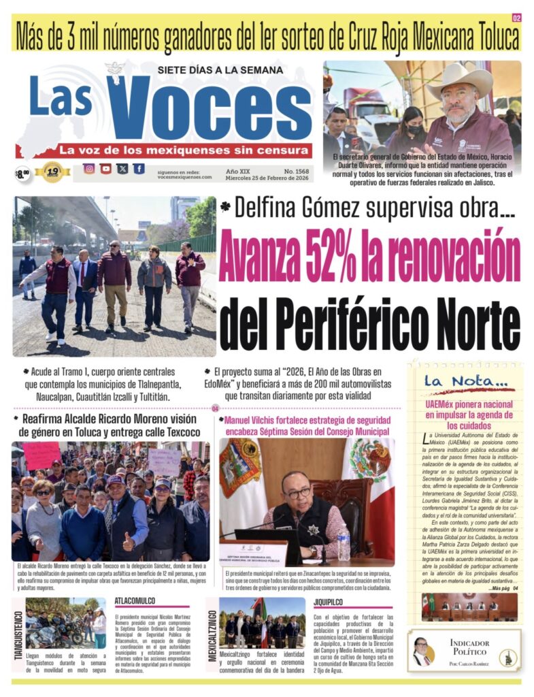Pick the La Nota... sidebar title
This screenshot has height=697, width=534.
[465, 383]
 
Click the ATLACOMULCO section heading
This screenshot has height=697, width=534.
[135, 601]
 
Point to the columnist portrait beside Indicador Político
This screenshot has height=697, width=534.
[422, 651]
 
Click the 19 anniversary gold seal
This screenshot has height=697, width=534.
[53, 172]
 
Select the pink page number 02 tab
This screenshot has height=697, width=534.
[516, 18]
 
